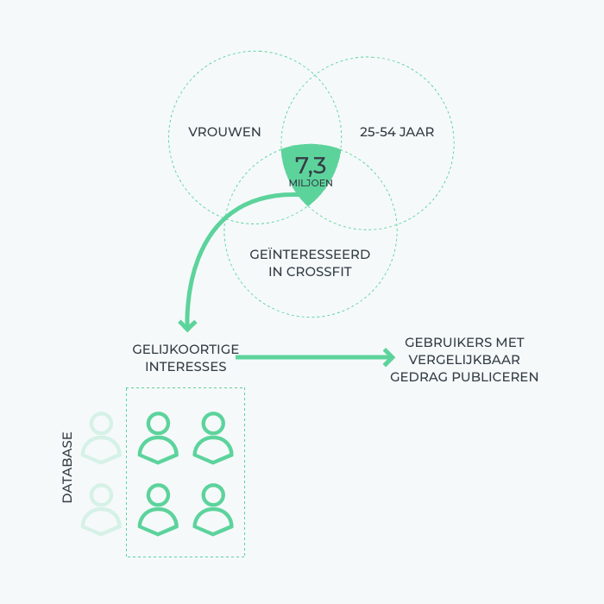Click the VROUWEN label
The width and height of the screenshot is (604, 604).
[224, 132]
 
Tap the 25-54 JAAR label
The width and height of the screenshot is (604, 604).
[397, 132]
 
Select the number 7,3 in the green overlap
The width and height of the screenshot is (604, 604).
[311, 166]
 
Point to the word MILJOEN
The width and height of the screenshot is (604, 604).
[311, 183]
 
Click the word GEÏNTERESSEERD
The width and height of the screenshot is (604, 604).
[310, 255]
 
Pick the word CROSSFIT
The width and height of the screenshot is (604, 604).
[318, 272]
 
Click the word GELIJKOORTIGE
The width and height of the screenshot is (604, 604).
[186, 349]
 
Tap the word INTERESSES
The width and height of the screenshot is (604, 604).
[186, 367]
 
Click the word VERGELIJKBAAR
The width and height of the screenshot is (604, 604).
[464, 360]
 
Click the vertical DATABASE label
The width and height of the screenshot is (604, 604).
[67, 468]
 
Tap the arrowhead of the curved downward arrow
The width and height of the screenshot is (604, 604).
[187, 325]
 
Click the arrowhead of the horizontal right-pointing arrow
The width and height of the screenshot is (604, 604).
[389, 357]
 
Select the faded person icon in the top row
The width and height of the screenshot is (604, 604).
[101, 437]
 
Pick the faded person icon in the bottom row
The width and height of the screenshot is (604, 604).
[101, 509]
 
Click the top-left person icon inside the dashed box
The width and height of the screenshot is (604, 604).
[158, 437]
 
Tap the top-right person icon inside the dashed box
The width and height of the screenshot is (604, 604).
[213, 437]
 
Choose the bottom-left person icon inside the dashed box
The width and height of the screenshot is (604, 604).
[158, 509]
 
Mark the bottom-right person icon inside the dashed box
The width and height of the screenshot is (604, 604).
[213, 509]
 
